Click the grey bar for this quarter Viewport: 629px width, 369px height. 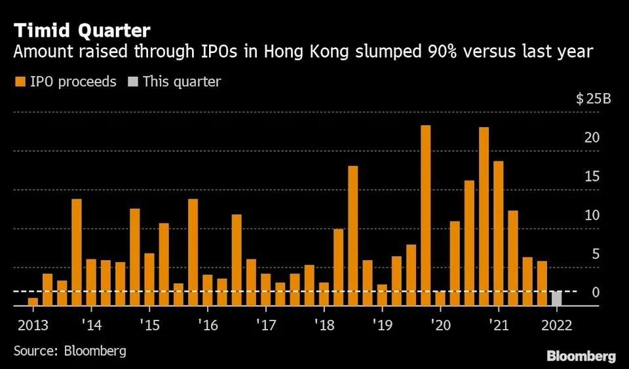click(556, 298)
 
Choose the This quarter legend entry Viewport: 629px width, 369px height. click(175, 82)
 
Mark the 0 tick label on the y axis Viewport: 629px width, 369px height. click(596, 292)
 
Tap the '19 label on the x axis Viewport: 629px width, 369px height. click(381, 324)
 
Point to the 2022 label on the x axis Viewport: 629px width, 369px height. click(557, 324)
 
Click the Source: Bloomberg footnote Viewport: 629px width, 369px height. click(69, 351)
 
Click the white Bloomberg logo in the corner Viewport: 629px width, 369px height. click(581, 356)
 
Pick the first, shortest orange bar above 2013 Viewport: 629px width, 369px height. click(33, 301)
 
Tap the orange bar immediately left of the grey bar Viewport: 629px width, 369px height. click(542, 283)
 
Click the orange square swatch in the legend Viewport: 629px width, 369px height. click(19, 82)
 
